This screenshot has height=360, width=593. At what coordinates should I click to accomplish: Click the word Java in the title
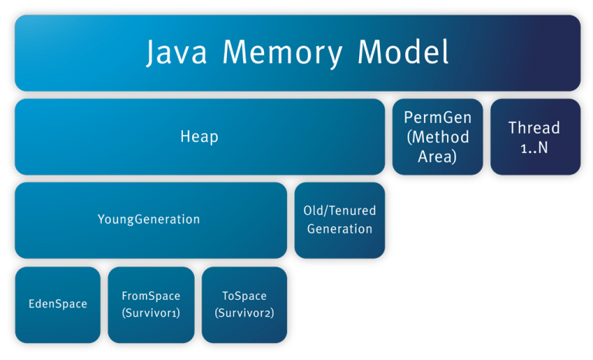tap(177, 53)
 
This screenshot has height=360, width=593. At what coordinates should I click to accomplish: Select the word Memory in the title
tap(283, 53)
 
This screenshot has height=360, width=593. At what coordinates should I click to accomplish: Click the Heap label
tap(199, 136)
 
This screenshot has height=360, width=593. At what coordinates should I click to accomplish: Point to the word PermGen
tap(438, 117)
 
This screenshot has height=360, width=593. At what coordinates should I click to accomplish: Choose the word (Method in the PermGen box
tap(438, 137)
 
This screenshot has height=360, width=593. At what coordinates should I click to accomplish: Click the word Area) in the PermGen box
tap(437, 156)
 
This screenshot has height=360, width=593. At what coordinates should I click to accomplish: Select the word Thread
tap(534, 128)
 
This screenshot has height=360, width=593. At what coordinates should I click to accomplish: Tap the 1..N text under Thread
tap(534, 148)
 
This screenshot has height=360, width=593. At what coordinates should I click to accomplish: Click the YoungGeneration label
tap(148, 219)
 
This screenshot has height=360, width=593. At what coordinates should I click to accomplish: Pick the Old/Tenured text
tap(340, 210)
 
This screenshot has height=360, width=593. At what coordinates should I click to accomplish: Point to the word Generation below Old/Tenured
tap(340, 229)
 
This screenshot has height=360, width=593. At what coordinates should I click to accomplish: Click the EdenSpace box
tap(58, 304)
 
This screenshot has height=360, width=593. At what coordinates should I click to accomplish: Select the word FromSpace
tap(151, 296)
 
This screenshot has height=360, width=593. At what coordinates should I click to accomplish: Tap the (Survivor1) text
tap(151, 313)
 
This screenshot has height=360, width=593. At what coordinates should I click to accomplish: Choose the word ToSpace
tap(244, 296)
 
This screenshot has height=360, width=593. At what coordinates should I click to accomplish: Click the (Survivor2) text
tap(244, 313)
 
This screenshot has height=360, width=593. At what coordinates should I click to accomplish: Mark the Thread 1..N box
tap(536, 137)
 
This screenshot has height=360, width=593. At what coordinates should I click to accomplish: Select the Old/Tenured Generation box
tap(340, 220)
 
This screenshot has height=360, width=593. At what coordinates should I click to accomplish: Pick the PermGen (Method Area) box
tap(438, 137)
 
